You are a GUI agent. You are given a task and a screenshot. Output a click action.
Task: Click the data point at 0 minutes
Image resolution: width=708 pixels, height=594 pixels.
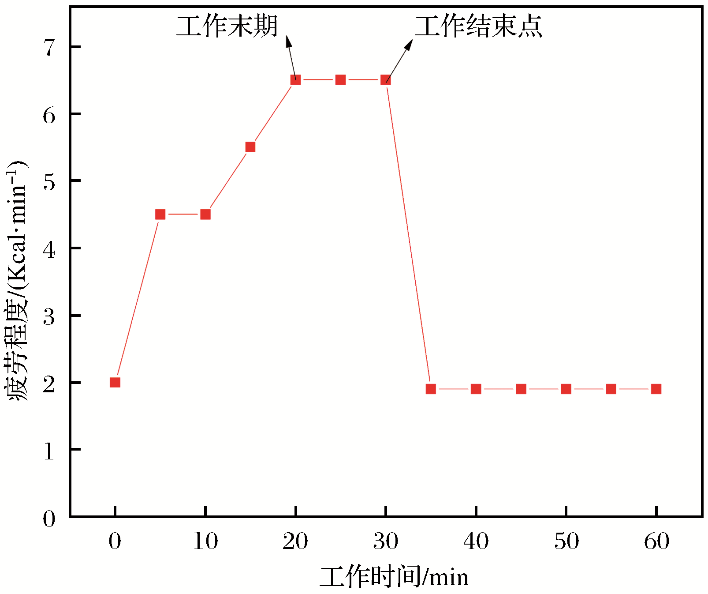coord(115,382)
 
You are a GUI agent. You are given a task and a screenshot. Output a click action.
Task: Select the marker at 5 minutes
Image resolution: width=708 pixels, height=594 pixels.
coord(160,214)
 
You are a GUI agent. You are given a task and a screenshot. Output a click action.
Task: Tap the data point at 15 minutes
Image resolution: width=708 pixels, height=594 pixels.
coord(250,147)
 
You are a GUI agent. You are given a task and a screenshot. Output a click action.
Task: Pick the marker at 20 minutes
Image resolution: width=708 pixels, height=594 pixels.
coord(295,80)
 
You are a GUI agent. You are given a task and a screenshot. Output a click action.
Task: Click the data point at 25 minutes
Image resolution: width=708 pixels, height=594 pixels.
coord(340,80)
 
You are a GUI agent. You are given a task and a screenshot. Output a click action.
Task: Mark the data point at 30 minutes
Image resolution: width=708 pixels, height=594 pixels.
coord(386,80)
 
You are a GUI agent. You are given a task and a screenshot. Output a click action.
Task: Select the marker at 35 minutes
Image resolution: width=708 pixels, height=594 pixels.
coord(431,389)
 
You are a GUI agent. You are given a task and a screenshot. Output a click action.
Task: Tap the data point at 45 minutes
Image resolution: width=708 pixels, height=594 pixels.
coord(521,389)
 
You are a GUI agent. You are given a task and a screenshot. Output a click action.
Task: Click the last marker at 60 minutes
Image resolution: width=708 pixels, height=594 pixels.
coord(656,389)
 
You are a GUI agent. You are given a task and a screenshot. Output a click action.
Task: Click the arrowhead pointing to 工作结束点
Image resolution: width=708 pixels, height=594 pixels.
coord(409,44)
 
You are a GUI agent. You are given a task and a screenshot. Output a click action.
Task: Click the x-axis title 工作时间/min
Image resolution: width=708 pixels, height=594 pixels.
coord(394,577)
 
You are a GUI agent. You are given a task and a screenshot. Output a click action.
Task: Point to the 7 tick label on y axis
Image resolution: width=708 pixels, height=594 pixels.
coord(49,47)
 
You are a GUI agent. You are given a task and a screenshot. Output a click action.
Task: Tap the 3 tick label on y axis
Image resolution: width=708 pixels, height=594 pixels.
coord(49,316)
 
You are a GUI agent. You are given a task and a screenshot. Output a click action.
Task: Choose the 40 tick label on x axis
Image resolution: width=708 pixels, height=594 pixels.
coord(476,541)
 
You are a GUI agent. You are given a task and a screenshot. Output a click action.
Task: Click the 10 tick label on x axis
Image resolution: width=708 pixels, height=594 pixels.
coord(205,541)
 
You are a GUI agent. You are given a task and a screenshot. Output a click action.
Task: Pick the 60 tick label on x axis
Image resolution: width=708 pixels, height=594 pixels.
coord(656,541)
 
